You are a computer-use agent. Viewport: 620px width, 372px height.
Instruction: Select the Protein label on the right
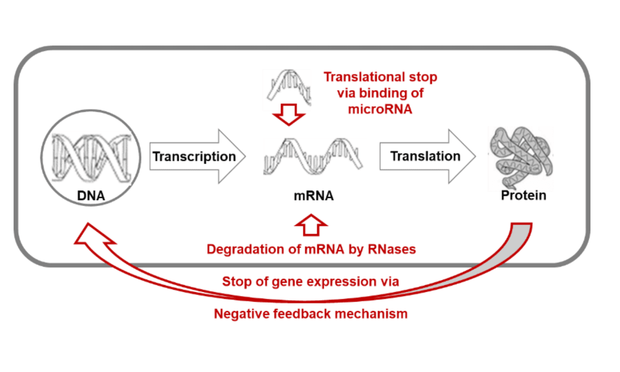pyautogui.click(x=523, y=196)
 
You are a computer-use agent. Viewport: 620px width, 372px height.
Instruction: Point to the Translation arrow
pyautogui.click(x=426, y=156)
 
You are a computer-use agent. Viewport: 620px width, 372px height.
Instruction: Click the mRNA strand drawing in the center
pyautogui.click(x=313, y=155)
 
